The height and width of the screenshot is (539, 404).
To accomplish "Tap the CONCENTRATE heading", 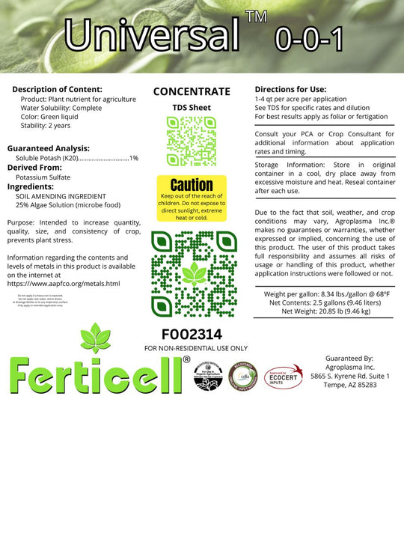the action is [192, 91].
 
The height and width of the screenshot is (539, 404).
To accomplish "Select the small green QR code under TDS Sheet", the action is [192, 141].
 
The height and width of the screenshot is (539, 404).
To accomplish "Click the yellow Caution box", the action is [192, 198].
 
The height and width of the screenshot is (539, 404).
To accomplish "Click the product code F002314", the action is [192, 334].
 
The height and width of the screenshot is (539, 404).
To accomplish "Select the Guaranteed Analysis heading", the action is [48, 148].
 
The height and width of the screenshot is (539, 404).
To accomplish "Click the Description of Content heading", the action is [57, 88].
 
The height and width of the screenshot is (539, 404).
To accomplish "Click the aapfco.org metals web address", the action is [63, 284].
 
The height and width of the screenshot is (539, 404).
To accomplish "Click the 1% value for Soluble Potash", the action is [134, 158].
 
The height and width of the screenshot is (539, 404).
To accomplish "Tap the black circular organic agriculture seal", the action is [207, 377].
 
